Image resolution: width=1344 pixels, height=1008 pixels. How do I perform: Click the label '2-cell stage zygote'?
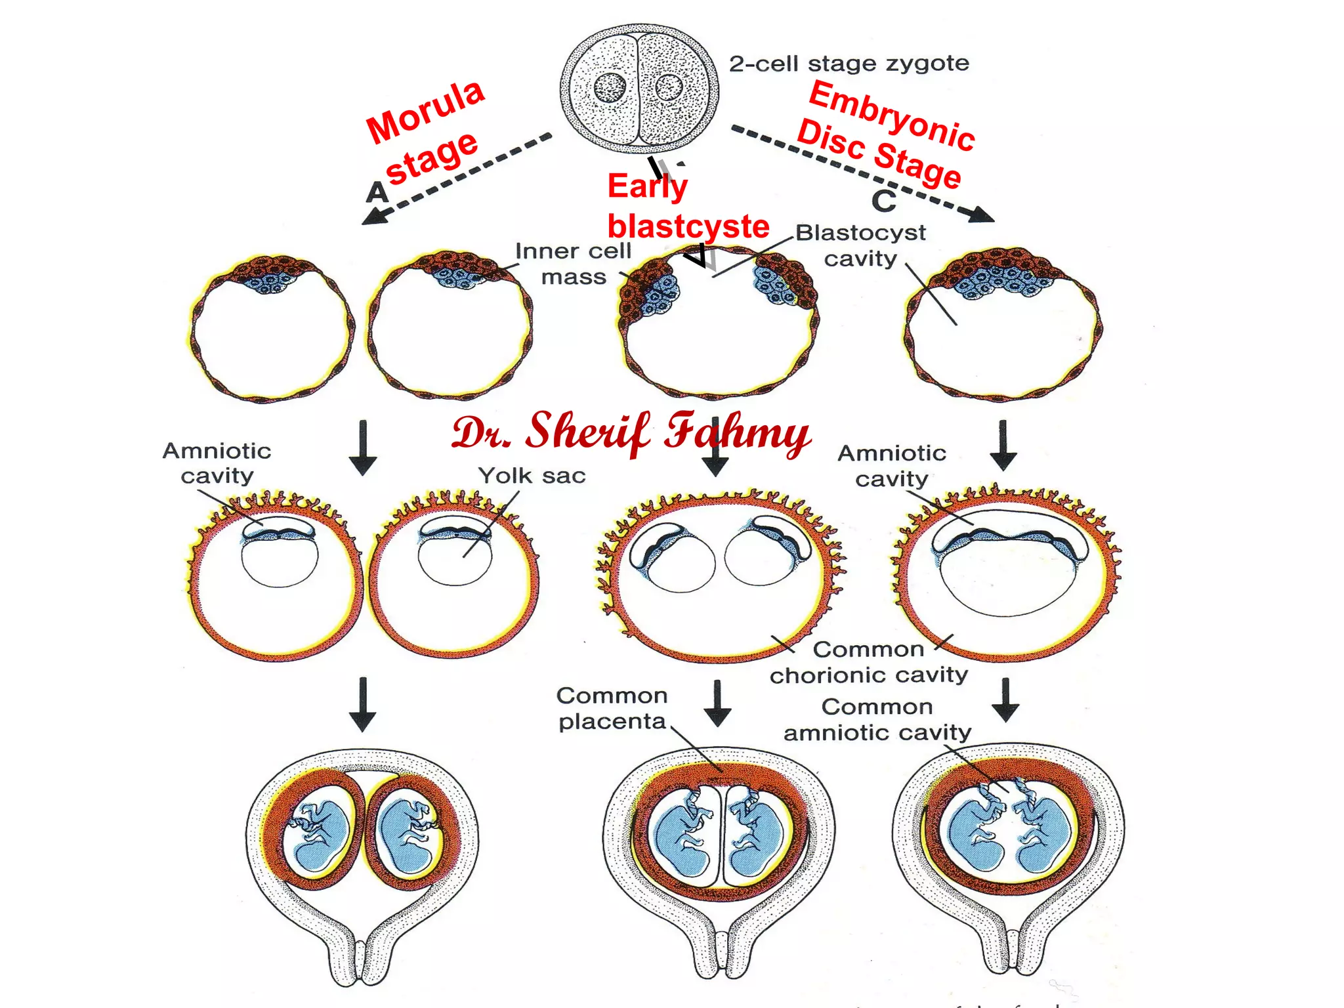pyautogui.click(x=849, y=64)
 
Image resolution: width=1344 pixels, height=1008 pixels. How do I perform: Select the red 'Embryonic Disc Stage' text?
pyautogui.click(x=886, y=135)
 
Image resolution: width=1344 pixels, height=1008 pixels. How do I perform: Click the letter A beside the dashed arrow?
pyautogui.click(x=377, y=192)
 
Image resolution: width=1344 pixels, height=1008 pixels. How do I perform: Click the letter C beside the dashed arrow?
pyautogui.click(x=884, y=201)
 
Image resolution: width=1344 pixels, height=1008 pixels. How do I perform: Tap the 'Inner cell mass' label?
pyautogui.click(x=573, y=264)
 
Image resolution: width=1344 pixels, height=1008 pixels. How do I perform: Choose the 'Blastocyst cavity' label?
pyautogui.click(x=860, y=245)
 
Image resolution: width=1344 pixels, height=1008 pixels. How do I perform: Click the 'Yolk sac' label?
pyautogui.click(x=532, y=475)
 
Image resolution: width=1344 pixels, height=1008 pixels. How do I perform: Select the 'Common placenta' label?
pyautogui.click(x=612, y=709)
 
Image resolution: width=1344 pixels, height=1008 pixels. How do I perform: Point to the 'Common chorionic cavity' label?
pyautogui.click(x=869, y=662)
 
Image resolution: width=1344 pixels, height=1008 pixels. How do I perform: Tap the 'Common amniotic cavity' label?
pyautogui.click(x=877, y=719)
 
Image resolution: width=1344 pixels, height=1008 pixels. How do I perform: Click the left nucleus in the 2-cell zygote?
pyautogui.click(x=610, y=87)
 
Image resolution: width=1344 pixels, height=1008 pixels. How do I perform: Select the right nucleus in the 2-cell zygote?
pyautogui.click(x=669, y=87)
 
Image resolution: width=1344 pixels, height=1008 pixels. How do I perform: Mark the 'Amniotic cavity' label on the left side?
pyautogui.click(x=217, y=463)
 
